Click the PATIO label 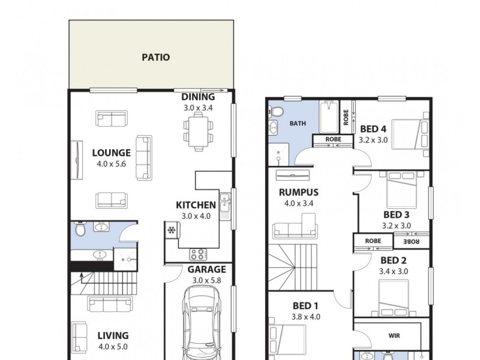tap(155, 58)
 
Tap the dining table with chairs tap(198, 131)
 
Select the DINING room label tap(198, 97)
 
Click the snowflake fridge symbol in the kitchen tap(171, 230)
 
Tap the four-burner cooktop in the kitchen tap(198, 254)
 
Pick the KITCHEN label tap(196, 205)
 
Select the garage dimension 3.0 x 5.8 tap(206, 280)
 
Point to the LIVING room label tap(112, 336)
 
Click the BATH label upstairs tap(298, 124)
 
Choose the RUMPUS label tap(298, 193)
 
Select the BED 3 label tap(397, 215)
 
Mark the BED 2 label tap(394, 260)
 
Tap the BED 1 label tap(307, 305)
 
